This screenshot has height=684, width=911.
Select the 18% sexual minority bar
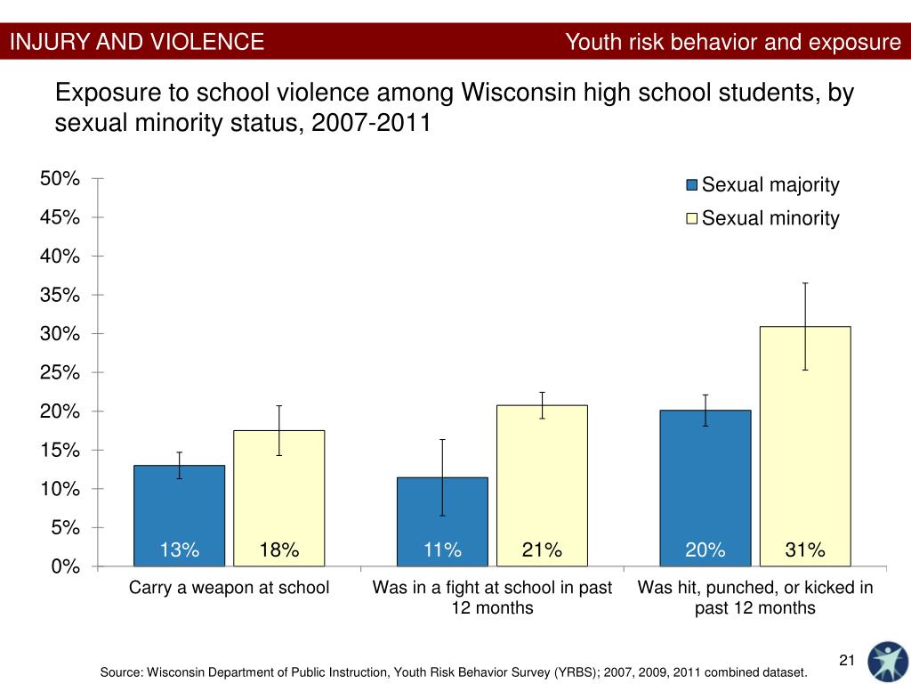coord(278,498)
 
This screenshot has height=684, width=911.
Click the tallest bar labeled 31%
coord(805,445)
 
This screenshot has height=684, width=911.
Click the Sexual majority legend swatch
coord(691,185)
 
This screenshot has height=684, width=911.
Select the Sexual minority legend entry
coord(770,218)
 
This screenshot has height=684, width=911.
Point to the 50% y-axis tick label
coord(60,178)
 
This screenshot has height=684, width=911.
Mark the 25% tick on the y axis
coord(60,372)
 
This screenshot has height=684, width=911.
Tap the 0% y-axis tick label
coord(65,566)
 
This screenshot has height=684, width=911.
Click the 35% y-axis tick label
coord(60,295)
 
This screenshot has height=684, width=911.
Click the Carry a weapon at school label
coord(230,588)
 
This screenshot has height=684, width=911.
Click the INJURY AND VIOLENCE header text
coord(137,41)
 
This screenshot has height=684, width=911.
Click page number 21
coord(846,660)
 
